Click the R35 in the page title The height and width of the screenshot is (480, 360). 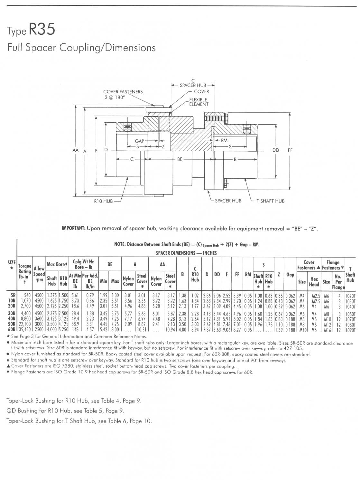tap(42, 30)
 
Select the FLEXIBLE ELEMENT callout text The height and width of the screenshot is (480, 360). tap(198, 102)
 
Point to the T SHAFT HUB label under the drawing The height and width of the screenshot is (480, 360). tap(270, 201)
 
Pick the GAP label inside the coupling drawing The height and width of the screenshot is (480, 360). tap(140, 141)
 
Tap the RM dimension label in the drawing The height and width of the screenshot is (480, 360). tap(224, 140)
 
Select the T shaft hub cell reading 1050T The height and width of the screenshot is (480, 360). tap(350, 314)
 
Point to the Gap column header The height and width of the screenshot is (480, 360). tap(290, 275)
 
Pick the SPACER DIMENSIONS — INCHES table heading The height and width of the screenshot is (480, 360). tap(186, 253)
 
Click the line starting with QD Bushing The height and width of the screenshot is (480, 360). tap(65, 410)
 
